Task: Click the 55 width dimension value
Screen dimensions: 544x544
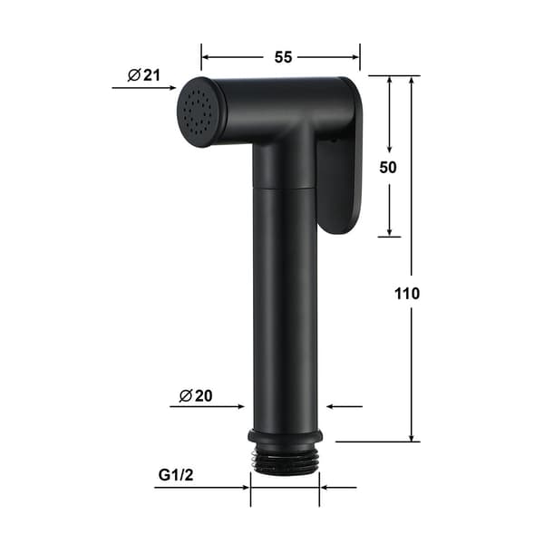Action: (x=283, y=57)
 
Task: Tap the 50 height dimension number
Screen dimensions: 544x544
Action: (x=388, y=168)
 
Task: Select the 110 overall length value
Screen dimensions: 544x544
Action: (x=407, y=294)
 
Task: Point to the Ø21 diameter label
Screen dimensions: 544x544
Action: (x=144, y=75)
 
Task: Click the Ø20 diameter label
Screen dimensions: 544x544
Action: (x=196, y=396)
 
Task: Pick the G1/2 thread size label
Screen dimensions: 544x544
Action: (x=176, y=475)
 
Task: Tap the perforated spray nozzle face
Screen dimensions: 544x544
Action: (x=198, y=112)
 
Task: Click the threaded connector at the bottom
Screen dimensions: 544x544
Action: (x=285, y=459)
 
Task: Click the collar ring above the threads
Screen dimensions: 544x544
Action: (x=286, y=436)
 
